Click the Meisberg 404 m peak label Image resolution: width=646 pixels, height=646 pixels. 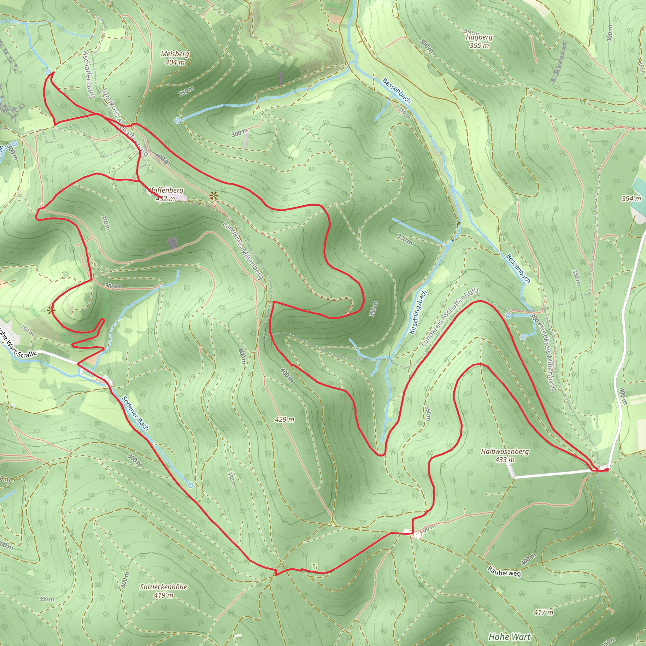[175, 58]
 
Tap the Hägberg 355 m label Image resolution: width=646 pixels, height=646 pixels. [479, 41]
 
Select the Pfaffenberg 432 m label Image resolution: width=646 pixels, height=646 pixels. [166, 194]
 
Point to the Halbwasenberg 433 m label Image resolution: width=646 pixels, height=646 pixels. [505, 455]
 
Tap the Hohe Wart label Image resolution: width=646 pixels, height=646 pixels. [509, 636]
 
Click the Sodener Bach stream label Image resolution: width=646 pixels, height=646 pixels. [135, 413]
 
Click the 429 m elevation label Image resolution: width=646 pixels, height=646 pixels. [285, 419]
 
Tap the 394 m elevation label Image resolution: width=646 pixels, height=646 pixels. [631, 199]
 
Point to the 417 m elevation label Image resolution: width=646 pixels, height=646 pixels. [543, 612]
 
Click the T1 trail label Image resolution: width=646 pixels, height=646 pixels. [314, 566]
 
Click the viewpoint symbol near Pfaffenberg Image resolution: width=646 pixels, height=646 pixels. [213, 196]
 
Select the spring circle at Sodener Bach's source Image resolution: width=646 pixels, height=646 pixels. [191, 485]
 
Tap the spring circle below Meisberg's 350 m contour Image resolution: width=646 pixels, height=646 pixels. [178, 120]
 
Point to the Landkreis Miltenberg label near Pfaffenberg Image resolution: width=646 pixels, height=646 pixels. [243, 250]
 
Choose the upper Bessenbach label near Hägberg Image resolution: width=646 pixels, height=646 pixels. [396, 90]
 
